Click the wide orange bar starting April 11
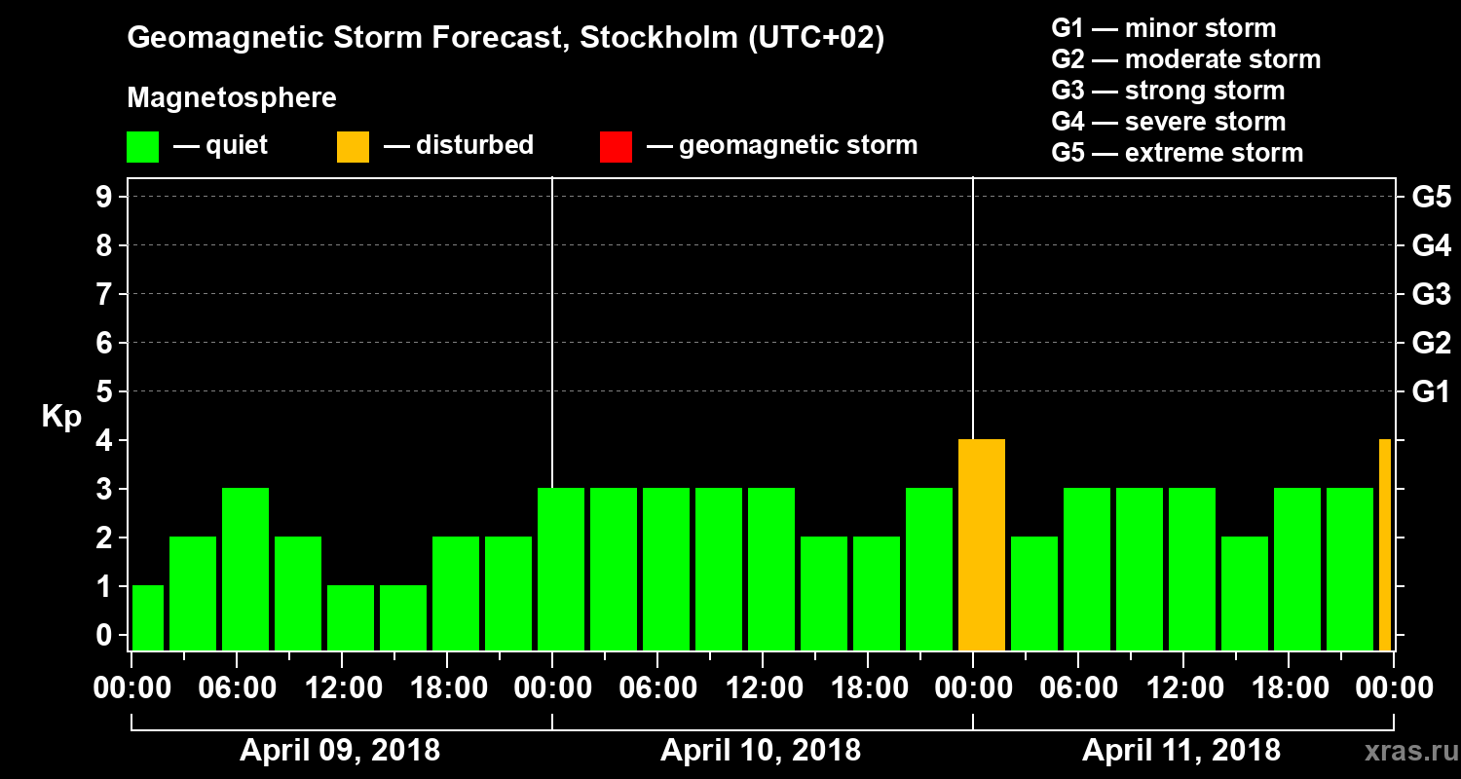point(982,545)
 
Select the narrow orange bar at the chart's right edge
point(1385,545)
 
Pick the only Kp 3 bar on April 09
point(245,570)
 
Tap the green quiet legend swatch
point(142,147)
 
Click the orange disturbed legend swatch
point(353,147)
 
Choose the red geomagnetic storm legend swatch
point(616,147)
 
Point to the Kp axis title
point(61,417)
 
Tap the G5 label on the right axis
point(1431,198)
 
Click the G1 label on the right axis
point(1431,392)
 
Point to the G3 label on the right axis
point(1431,295)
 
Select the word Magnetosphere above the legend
point(232,98)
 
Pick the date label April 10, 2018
point(761,751)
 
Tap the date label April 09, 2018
point(340,751)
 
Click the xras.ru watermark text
point(1404,751)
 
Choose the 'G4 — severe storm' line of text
point(1169,122)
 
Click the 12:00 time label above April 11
point(1182,688)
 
